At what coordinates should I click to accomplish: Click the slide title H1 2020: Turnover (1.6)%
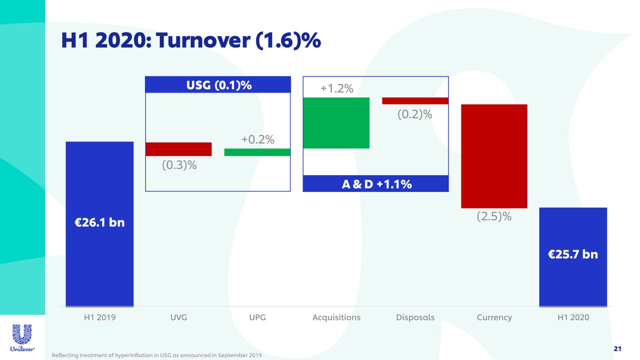coord(190,41)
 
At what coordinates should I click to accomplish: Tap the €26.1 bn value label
coord(99,222)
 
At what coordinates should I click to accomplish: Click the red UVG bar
coord(178,149)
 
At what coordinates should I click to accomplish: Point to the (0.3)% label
coord(179,165)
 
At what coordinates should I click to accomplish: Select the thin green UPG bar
coord(257,152)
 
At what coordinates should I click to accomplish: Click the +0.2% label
coord(257,139)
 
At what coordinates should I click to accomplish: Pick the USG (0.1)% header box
coord(218,85)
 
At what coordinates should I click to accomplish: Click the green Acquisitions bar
coord(336,123)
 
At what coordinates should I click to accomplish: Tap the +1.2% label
coord(336,89)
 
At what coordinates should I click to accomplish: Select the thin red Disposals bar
coord(415,101)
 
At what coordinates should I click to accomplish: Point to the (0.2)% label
coord(414,114)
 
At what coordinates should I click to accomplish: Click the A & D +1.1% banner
coord(376,184)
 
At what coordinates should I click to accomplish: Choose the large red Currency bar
coord(494,156)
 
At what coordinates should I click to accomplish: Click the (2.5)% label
coord(493,216)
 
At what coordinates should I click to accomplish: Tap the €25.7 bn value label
coord(572,254)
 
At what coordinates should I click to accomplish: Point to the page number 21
coord(617,348)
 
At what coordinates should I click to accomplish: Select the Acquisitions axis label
coord(336,317)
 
